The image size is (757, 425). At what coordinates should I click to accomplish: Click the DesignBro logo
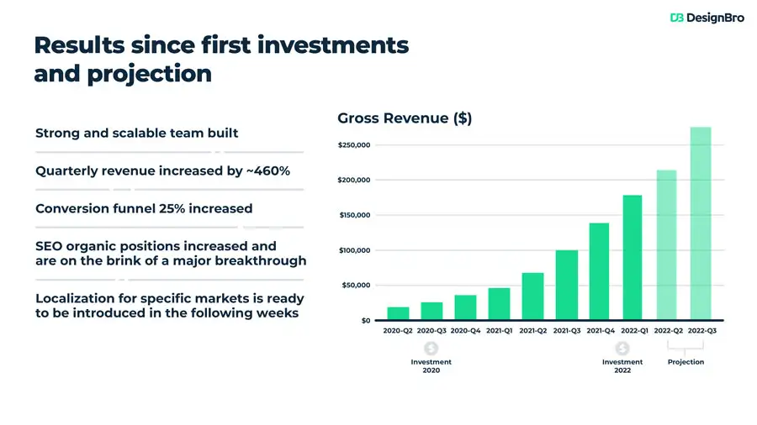click(x=707, y=17)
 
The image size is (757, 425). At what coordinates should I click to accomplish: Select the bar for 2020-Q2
click(x=398, y=313)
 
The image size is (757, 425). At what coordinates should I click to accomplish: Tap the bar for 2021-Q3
click(x=566, y=285)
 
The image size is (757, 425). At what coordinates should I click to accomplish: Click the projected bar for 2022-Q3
click(x=701, y=223)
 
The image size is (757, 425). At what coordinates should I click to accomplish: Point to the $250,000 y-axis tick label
click(x=354, y=145)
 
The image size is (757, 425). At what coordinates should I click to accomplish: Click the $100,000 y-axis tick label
click(x=354, y=250)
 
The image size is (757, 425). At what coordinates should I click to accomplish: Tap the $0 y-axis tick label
click(x=365, y=321)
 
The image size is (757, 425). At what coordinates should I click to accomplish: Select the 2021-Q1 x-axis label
click(x=499, y=331)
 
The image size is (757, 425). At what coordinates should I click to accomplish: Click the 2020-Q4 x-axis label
click(x=465, y=331)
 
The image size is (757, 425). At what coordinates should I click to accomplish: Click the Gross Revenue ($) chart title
click(x=404, y=118)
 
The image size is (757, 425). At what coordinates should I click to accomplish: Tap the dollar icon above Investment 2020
click(x=431, y=348)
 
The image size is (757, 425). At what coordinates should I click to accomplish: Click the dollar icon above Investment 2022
click(x=622, y=348)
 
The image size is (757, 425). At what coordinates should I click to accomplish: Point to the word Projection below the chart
click(x=686, y=362)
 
